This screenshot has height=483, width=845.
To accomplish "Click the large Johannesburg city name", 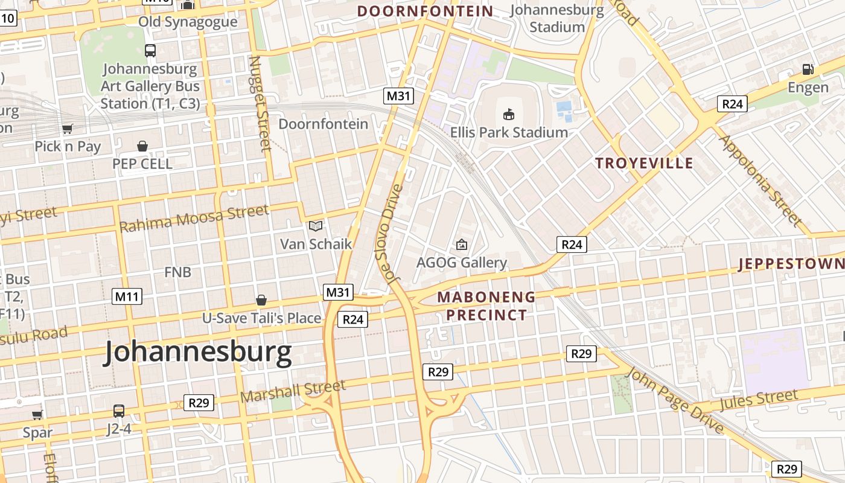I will pyautogui.click(x=199, y=353).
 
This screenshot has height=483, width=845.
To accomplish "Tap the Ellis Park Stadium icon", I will pyautogui.click(x=508, y=114).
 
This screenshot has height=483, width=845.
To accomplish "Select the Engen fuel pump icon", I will pyautogui.click(x=808, y=69).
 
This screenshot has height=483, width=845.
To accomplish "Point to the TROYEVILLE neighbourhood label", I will pyautogui.click(x=644, y=163).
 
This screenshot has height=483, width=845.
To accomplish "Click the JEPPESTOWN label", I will pyautogui.click(x=791, y=264).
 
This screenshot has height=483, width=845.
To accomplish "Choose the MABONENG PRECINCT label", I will pyautogui.click(x=486, y=305).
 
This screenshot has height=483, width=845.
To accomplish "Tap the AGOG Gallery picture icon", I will pyautogui.click(x=462, y=245).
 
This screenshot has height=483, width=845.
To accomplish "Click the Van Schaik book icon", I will pyautogui.click(x=316, y=226).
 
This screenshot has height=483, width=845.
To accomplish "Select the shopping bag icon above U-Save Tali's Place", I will pyautogui.click(x=261, y=300).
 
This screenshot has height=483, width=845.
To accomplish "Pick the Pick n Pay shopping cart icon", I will pyautogui.click(x=68, y=129).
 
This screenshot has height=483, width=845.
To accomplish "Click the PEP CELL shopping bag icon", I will pyautogui.click(x=142, y=146).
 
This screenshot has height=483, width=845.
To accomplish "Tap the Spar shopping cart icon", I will pyautogui.click(x=37, y=415).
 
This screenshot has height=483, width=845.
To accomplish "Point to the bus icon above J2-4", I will pyautogui.click(x=119, y=411).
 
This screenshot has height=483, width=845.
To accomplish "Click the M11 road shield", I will pyautogui.click(x=127, y=296).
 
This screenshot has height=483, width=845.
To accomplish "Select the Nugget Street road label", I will pyautogui.click(x=260, y=103).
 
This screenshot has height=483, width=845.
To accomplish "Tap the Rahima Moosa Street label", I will pyautogui.click(x=194, y=219).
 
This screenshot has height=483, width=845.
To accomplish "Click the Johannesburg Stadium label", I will pyautogui.click(x=556, y=19).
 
